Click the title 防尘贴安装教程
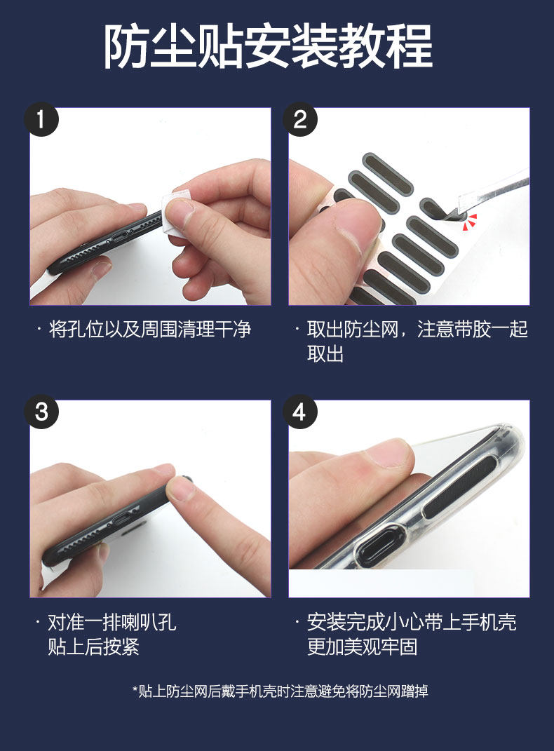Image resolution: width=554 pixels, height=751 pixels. [268, 46]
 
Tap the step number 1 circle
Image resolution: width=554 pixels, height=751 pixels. [41, 119]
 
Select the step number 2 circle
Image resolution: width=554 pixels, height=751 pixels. [299, 119]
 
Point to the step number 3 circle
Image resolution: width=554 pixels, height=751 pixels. [41, 412]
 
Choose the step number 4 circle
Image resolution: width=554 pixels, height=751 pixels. [299, 412]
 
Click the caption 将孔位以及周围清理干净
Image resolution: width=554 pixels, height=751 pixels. [150, 330]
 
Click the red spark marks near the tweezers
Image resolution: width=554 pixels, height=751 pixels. [470, 222]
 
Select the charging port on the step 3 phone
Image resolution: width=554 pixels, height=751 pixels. [123, 520]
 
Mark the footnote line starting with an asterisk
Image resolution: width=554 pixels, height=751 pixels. [280, 691]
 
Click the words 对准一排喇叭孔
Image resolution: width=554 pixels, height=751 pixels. [112, 622]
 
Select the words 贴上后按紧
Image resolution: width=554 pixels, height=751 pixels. [93, 647]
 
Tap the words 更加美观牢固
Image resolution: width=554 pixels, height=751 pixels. [363, 647]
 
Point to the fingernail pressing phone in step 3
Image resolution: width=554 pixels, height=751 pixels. [180, 489]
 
